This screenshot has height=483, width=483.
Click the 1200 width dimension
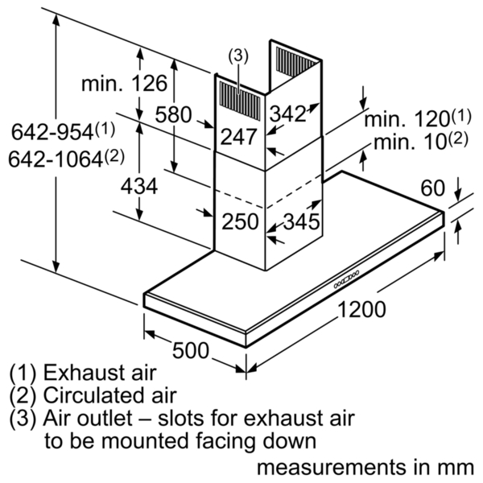coord(361,309)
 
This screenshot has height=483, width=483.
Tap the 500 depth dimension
coord(191,350)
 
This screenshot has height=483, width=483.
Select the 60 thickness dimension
coord(433,188)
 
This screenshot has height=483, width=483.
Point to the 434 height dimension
coord(139,186)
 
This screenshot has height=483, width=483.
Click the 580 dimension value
coord(173,114)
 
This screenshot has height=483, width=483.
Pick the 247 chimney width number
coord(239,137)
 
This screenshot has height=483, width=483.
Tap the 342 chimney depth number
coord(287,114)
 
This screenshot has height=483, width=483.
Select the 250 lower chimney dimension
coord(240,221)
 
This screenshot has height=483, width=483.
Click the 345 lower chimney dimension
coord(301,221)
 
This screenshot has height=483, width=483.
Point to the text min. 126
coord(125,83)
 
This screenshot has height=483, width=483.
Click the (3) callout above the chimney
coord(237,56)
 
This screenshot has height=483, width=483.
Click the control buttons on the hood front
coord(346,279)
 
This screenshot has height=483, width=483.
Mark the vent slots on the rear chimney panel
coord(295,61)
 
